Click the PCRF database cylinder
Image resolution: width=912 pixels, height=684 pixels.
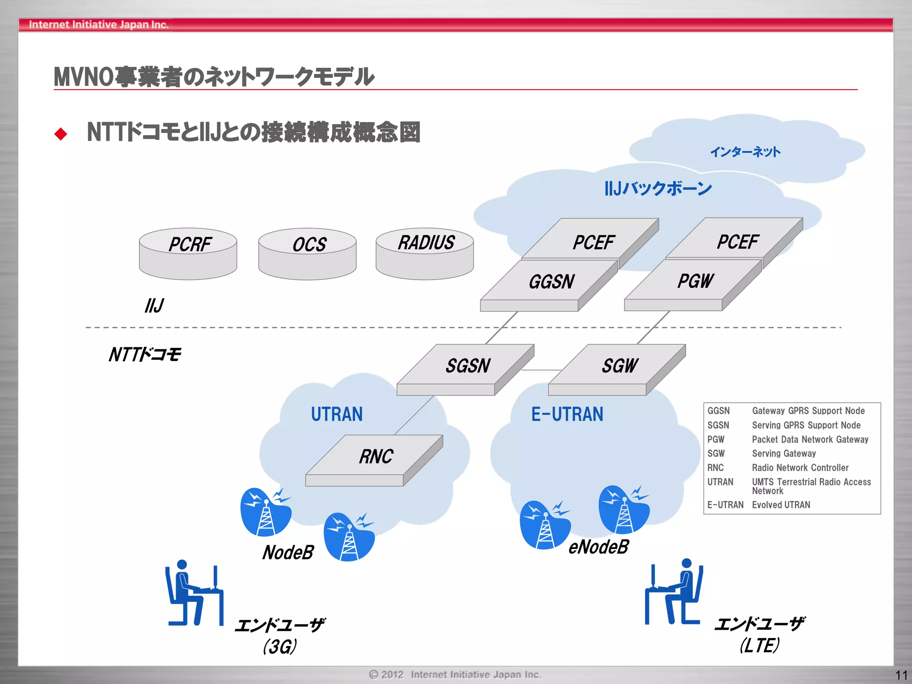point(188,254)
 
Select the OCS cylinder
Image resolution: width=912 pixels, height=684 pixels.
point(307,254)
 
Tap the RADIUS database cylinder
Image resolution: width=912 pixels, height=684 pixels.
point(424,253)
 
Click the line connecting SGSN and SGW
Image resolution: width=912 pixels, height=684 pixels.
point(541,370)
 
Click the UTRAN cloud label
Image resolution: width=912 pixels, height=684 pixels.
point(337,414)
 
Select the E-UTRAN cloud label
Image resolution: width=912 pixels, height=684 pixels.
point(567,414)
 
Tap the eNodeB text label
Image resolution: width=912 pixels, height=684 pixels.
point(598,547)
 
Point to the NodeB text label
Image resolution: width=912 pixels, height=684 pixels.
point(288,553)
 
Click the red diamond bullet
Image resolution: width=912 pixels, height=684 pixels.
point(61,134)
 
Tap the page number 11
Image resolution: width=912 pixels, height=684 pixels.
point(901,675)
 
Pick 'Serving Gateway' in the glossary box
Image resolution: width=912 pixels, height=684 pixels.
point(784,454)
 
